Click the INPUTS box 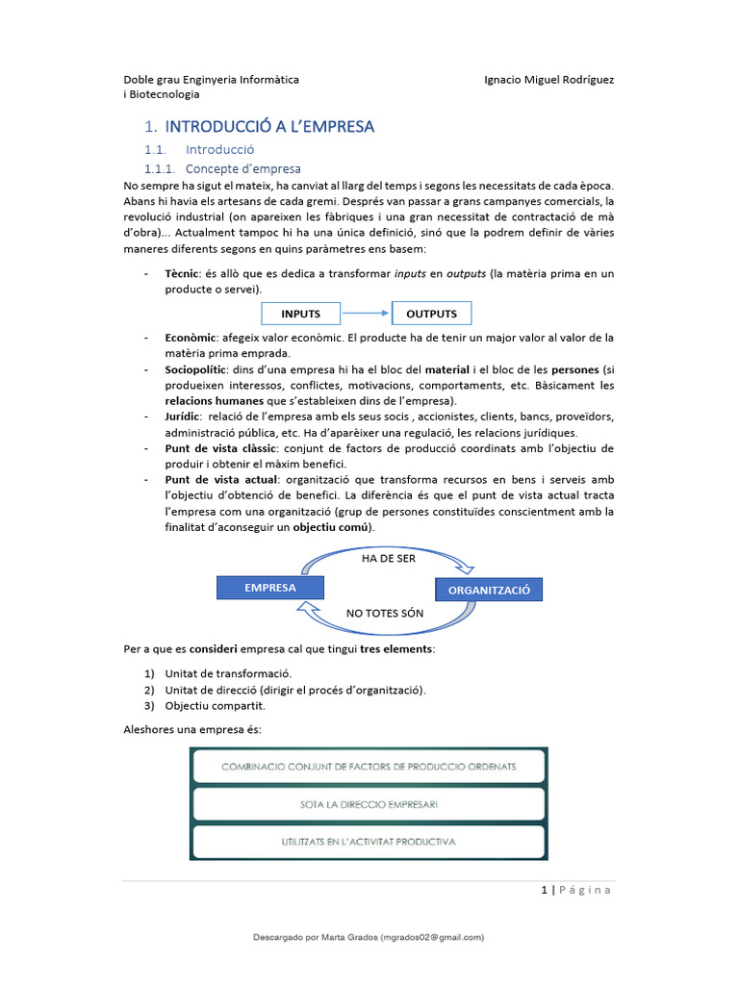300,314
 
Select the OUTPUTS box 431,314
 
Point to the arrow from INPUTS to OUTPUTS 366,314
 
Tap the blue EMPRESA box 270,588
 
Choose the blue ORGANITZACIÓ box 489,590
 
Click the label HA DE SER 389,559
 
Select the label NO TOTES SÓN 385,613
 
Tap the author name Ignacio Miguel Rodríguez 548,79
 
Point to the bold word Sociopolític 195,369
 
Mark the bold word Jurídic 182,417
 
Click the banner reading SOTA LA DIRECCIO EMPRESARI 369,803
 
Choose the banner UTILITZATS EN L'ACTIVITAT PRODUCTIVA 369,841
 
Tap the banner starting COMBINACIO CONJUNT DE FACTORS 369,767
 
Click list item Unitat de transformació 228,673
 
